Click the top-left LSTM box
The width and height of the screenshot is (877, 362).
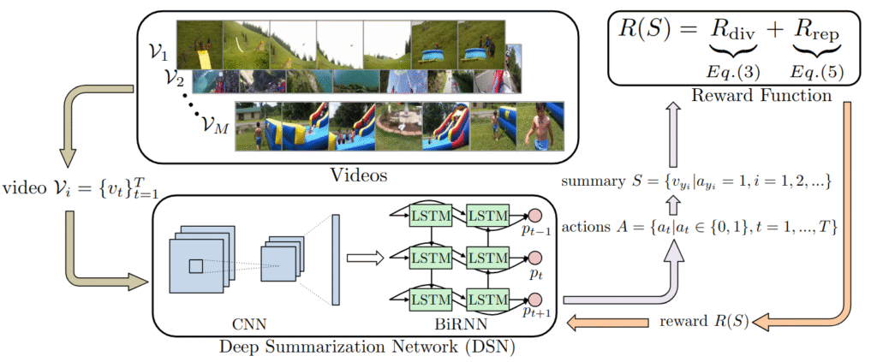(431, 212)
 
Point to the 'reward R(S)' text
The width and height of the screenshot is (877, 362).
(704, 322)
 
